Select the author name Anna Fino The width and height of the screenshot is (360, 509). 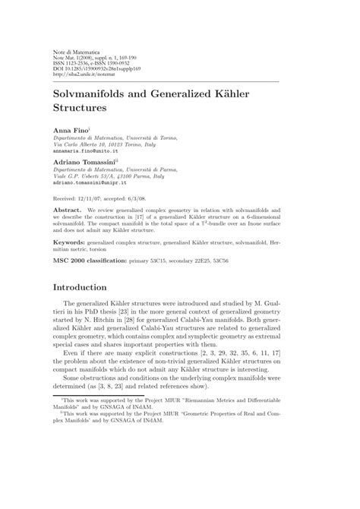(69, 132)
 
